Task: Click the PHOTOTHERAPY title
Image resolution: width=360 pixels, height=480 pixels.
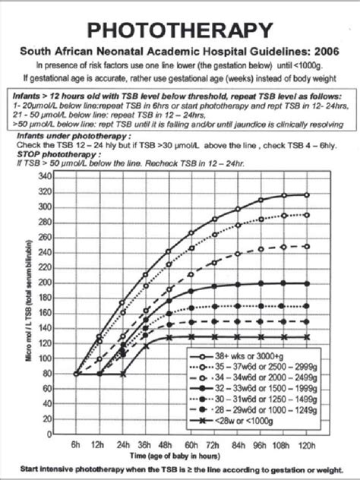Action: (180, 30)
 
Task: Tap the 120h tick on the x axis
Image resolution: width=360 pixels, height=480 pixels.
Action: (306, 444)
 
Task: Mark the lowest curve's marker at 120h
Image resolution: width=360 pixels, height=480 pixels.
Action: (306, 336)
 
